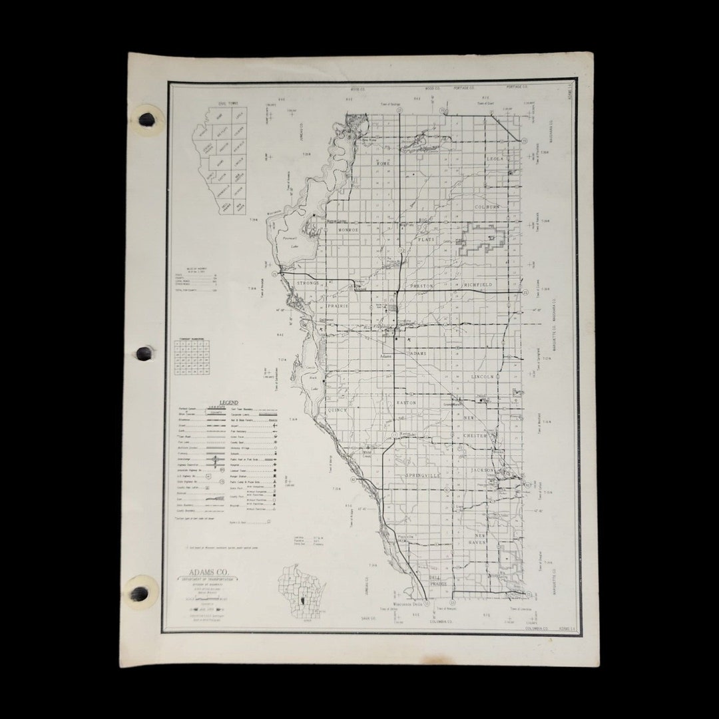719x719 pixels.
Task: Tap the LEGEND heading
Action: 228,403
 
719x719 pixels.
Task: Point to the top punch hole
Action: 146,119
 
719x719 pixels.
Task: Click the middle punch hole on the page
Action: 144,353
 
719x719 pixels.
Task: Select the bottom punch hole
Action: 139,593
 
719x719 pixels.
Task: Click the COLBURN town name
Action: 487,207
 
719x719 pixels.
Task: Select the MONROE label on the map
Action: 346,230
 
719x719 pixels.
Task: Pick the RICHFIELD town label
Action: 478,285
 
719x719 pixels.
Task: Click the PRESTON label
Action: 422,286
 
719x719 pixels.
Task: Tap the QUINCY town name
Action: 338,411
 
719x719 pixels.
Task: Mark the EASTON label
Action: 406,403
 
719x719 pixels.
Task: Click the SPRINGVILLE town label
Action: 423,476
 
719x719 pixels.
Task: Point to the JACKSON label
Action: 483,470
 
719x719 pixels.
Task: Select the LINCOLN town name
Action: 483,377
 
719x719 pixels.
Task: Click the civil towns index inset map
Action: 220,160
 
